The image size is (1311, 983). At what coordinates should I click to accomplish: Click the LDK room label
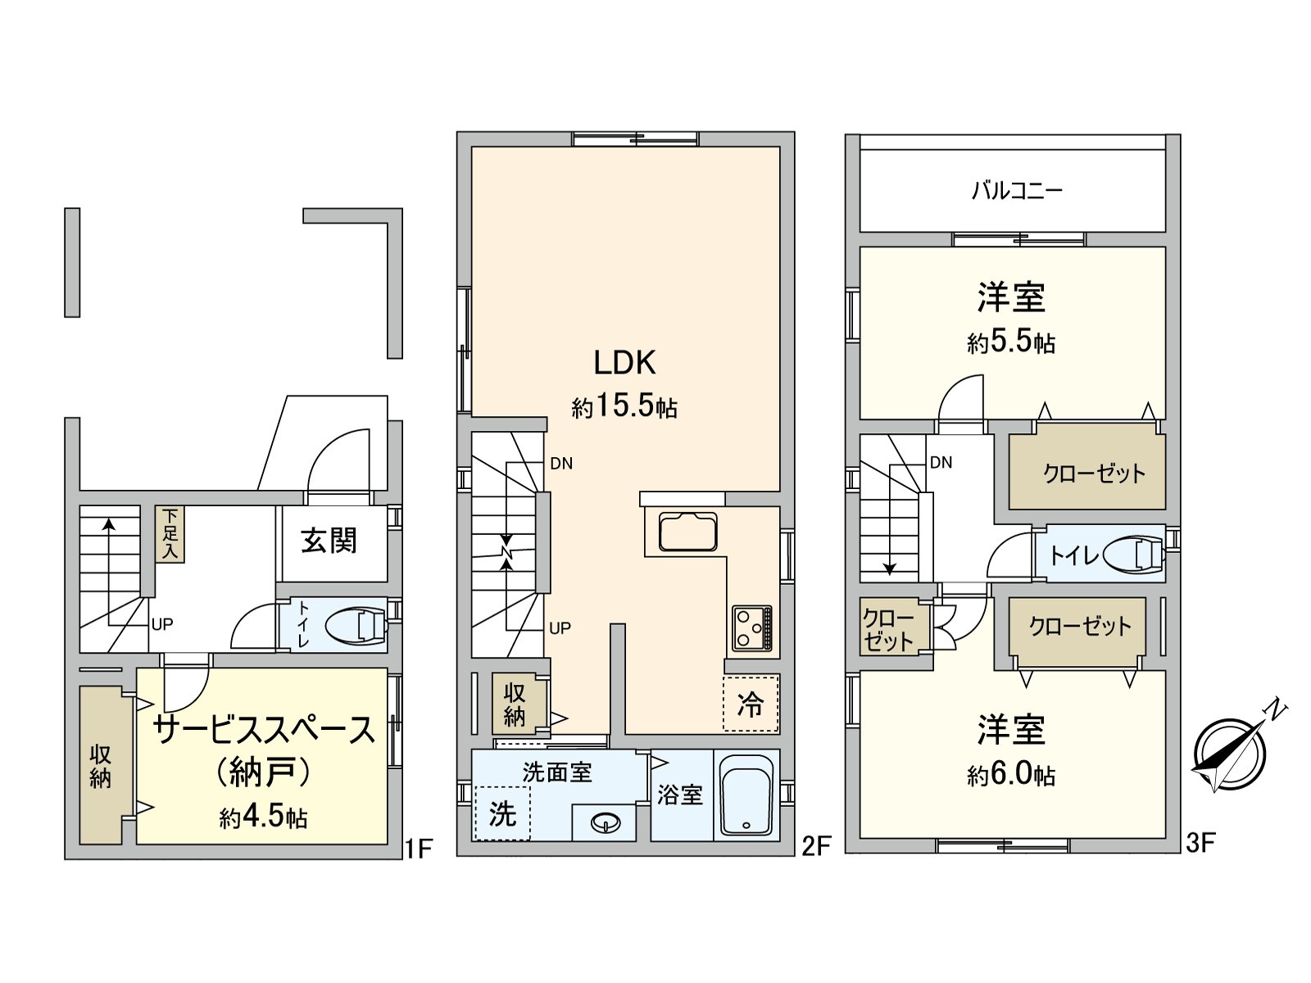pyautogui.click(x=624, y=362)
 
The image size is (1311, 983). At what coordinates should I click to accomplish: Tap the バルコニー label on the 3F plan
pyautogui.click(x=1017, y=191)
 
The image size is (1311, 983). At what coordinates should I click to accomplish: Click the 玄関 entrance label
pyautogui.click(x=329, y=541)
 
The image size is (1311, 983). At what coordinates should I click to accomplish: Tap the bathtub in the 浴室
pyautogui.click(x=746, y=795)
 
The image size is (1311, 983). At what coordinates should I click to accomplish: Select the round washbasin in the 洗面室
pyautogui.click(x=605, y=822)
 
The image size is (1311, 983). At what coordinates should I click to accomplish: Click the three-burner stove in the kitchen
pyautogui.click(x=751, y=627)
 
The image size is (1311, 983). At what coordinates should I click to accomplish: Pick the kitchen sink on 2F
pyautogui.click(x=688, y=532)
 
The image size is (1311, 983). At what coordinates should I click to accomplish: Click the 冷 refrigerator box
pyautogui.click(x=751, y=704)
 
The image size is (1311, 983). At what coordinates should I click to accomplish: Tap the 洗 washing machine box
pyautogui.click(x=502, y=813)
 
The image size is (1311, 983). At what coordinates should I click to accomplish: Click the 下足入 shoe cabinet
pyautogui.click(x=170, y=534)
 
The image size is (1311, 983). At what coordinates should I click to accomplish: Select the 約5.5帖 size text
pyautogui.click(x=1011, y=342)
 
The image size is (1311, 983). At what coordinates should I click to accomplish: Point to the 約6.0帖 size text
pyautogui.click(x=1011, y=774)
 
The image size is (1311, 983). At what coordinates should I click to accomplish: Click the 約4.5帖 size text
pyautogui.click(x=263, y=816)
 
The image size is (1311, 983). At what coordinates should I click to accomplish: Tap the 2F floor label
pyautogui.click(x=816, y=845)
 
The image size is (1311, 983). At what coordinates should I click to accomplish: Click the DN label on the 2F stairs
pyautogui.click(x=561, y=464)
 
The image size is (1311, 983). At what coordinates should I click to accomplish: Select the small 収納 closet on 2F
pyautogui.click(x=514, y=704)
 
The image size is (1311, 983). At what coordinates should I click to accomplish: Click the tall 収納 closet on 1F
pyautogui.click(x=100, y=766)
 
